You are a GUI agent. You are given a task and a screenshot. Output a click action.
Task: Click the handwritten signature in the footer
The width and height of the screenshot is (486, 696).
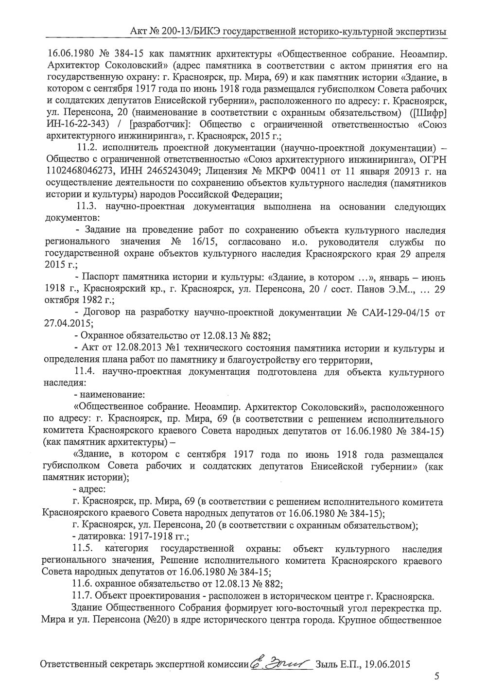click(x=280, y=663)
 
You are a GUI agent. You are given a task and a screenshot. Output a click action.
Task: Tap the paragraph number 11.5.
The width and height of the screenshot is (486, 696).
click(x=84, y=549)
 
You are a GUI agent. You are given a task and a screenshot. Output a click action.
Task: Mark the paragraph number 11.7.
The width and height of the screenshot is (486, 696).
click(x=81, y=596)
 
